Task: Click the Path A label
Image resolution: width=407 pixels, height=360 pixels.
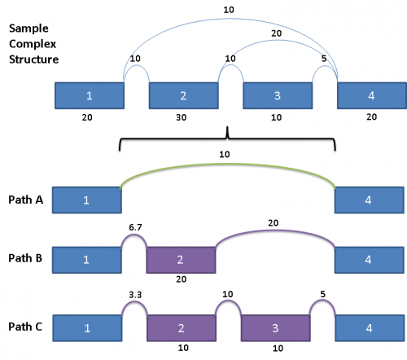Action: click(x=26, y=200)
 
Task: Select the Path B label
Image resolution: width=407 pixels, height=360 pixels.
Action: click(x=25, y=258)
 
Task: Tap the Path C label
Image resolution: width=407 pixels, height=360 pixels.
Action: click(x=25, y=327)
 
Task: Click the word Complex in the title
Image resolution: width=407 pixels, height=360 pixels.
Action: click(x=33, y=44)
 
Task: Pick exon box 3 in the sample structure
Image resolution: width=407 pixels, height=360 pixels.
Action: click(x=278, y=95)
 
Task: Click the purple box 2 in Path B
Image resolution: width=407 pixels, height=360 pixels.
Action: click(x=181, y=260)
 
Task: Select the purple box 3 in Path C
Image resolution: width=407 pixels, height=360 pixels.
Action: click(x=276, y=328)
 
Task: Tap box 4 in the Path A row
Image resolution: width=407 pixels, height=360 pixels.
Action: click(x=370, y=200)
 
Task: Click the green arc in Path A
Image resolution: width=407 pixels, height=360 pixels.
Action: click(x=228, y=164)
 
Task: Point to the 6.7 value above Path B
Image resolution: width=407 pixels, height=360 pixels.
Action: click(x=135, y=227)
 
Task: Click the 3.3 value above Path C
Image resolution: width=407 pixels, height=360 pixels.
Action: click(x=135, y=295)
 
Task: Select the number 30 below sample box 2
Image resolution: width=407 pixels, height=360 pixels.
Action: click(x=182, y=117)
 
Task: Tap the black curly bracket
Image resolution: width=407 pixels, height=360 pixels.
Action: click(x=227, y=139)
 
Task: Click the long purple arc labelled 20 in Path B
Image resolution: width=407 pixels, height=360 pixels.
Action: click(x=275, y=231)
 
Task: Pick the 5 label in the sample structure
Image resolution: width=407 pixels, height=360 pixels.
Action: click(x=324, y=59)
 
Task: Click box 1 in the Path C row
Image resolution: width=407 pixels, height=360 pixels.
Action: click(x=87, y=328)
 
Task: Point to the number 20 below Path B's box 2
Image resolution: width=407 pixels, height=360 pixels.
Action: click(x=182, y=279)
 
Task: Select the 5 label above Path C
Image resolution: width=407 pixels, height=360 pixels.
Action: click(x=322, y=294)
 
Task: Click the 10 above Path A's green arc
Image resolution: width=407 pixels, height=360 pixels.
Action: click(x=225, y=155)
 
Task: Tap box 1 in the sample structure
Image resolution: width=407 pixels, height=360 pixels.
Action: click(x=90, y=95)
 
